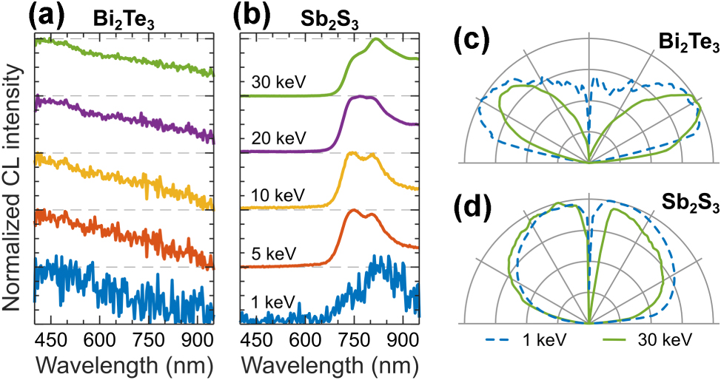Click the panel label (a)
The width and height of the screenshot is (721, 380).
pos(49,15)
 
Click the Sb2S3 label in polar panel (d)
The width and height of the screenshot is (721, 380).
pos(691,206)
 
